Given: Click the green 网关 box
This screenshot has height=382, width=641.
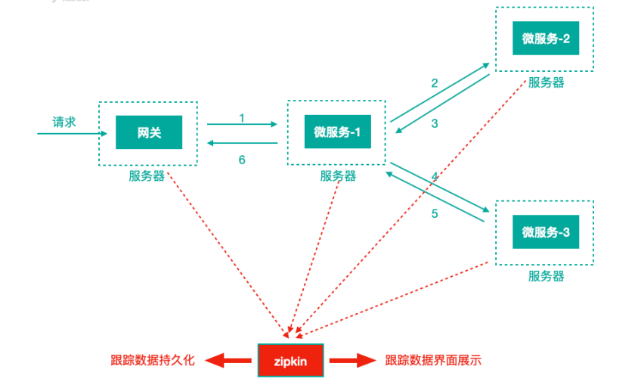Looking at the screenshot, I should coord(149,133).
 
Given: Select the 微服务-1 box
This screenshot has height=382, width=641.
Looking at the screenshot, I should coord(336,133).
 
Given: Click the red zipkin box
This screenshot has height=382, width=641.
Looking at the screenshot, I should coord(293,361).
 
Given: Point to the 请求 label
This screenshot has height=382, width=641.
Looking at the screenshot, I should coord(64,122).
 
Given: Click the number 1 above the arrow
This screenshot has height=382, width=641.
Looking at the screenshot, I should coord(242,117).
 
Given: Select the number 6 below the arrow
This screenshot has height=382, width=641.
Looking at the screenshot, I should coord(242,160).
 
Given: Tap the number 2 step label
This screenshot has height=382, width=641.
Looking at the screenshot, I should coord(435,83).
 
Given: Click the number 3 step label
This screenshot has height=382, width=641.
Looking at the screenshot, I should coord(435,124).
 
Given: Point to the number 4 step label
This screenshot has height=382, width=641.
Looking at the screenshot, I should coord(435,176).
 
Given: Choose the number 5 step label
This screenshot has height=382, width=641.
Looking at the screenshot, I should coord(435,213).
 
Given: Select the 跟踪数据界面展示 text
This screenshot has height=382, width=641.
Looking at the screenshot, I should coord(433,361).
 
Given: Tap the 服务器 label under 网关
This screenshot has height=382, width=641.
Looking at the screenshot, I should coord(147,176).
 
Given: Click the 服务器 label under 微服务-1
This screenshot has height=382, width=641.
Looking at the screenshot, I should coord(338,176).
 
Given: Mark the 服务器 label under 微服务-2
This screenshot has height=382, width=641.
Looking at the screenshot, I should coord(546,82).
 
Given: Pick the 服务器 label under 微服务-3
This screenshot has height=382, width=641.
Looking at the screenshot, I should coord(546,276).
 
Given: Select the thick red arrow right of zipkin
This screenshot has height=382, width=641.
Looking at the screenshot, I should coord(354,361).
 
